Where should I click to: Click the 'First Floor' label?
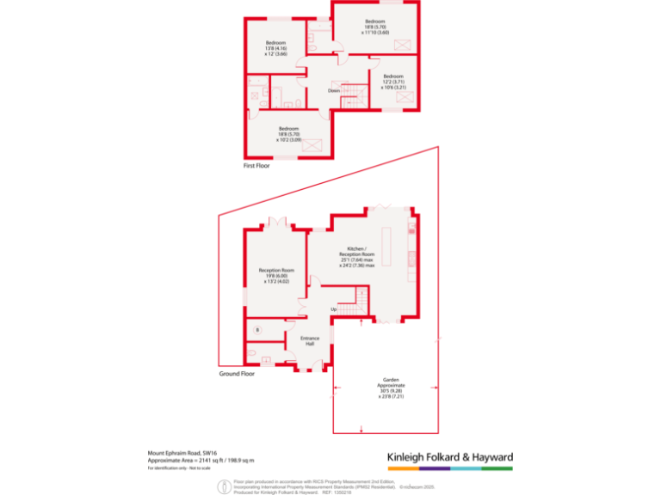pos(256,166)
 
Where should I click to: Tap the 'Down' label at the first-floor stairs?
pos(333,90)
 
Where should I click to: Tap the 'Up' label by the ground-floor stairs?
pos(332,309)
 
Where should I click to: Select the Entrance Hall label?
pos(310,340)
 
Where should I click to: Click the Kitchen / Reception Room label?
pos(356,256)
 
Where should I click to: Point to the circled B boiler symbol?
pos(256,330)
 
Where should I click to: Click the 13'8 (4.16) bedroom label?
pos(275,48)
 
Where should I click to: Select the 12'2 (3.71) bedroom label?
pos(392,82)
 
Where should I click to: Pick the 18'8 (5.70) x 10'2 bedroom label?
pos(288,134)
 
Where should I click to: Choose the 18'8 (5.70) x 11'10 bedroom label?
pos(375,27)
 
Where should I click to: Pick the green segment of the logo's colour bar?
pos(497,469)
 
